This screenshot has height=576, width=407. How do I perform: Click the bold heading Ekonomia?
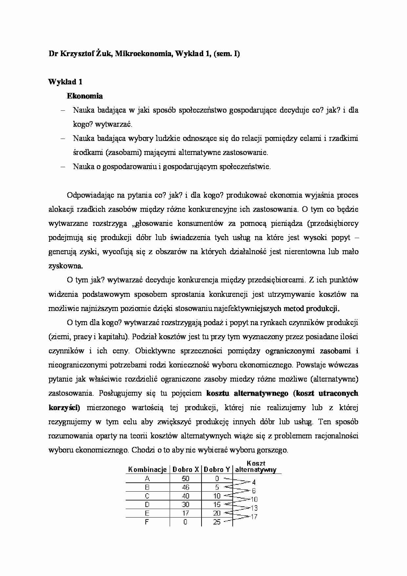coord(85,96)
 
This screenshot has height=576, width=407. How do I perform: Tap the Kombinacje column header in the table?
coord(147,470)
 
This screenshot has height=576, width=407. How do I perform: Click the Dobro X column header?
coord(186,470)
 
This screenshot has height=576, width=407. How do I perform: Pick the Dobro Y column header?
coord(217,470)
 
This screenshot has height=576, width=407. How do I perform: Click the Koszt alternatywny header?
coord(256,467)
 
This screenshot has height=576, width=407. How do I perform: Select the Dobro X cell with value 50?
coord(185,479)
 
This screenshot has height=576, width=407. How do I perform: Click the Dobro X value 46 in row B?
coord(185,487)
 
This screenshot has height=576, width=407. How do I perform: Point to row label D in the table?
coord(147,505)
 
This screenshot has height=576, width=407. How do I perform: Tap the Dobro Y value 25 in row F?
coord(217,522)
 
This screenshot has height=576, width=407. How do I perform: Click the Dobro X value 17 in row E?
coord(185,513)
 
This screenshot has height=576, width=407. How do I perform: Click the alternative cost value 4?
coord(254,482)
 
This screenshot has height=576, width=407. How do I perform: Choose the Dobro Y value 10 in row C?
coord(217,496)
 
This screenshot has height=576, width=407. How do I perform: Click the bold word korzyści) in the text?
coord(64,408)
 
